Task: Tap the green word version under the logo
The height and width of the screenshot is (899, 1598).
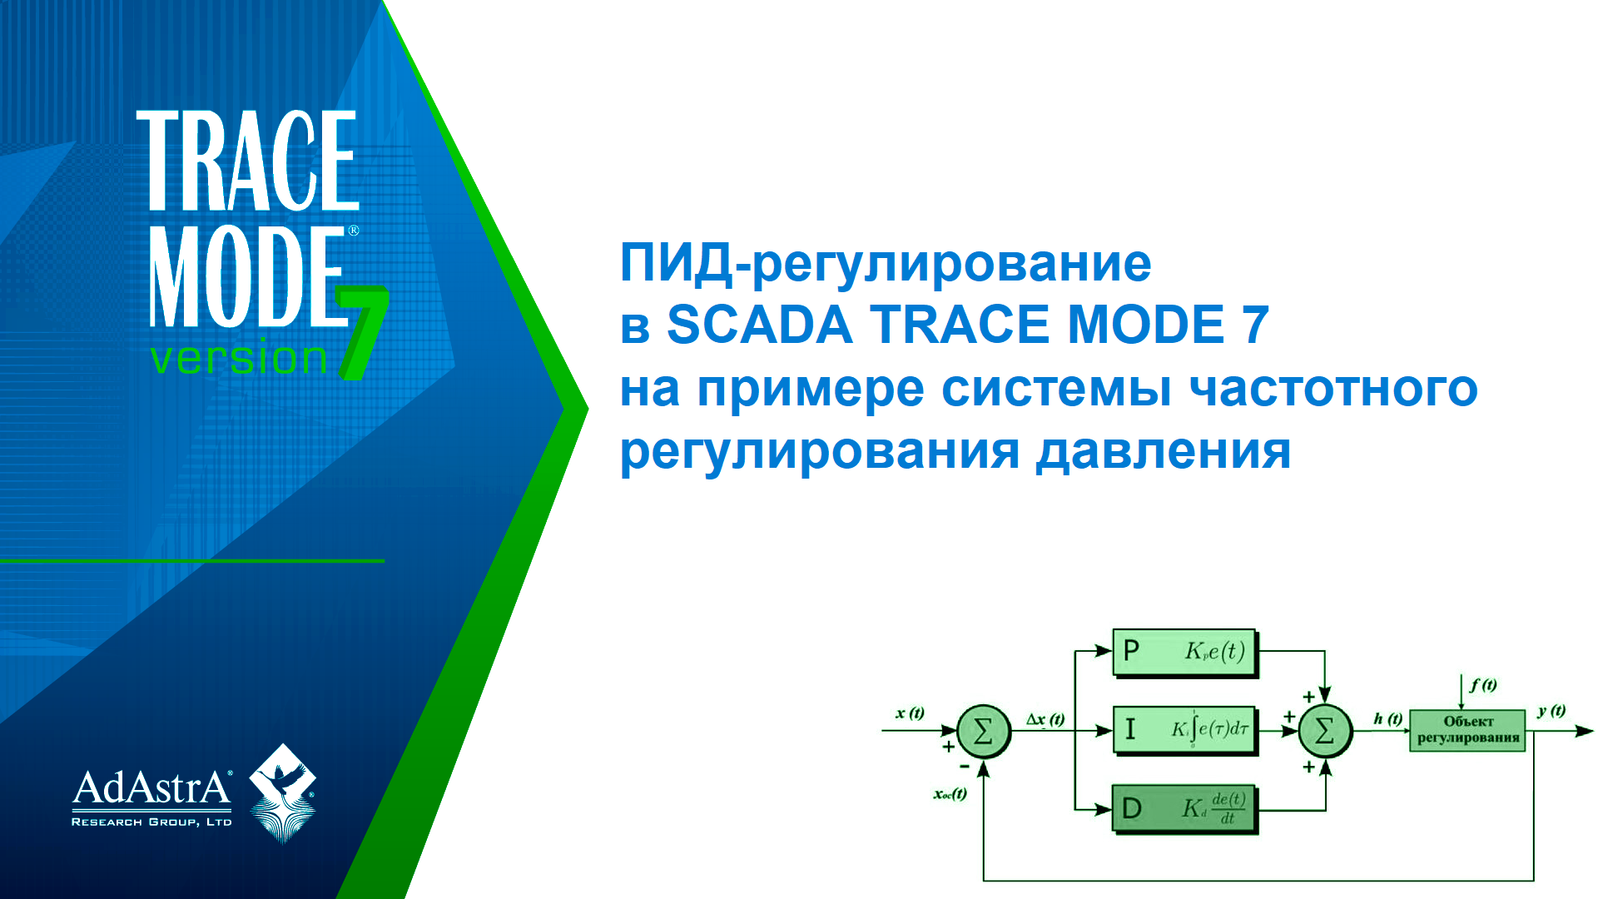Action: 239,359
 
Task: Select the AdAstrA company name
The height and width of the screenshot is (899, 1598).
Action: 151,787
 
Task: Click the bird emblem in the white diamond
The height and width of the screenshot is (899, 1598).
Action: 283,791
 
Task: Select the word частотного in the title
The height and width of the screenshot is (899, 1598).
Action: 1333,388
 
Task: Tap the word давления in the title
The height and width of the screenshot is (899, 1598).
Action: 1164,451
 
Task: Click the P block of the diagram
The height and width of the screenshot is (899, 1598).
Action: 1184,652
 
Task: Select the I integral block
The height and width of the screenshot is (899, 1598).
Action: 1184,730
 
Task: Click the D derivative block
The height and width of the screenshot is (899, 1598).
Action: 1184,808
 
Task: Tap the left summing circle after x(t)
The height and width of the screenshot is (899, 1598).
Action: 983,732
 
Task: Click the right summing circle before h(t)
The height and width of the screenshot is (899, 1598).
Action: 1325,732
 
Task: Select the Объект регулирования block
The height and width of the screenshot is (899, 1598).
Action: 1467,730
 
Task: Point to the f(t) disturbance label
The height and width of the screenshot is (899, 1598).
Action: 1483,685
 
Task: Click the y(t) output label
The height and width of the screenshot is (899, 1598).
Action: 1551,711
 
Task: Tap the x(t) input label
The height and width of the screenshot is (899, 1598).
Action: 910,713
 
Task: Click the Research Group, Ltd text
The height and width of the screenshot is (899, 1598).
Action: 151,822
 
